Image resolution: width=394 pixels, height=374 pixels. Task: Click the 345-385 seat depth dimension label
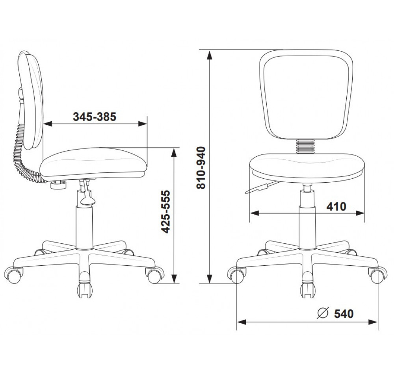pos(95,117)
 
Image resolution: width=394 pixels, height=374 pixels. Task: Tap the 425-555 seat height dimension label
pos(165,212)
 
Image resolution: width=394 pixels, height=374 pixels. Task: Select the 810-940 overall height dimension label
pos(201,168)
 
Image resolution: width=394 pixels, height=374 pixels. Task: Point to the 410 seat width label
pos(336,207)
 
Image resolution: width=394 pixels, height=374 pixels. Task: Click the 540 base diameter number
pos(344,313)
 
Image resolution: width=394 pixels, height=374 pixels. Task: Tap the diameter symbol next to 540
pos(323,313)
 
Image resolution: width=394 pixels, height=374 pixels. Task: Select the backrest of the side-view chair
pos(31,100)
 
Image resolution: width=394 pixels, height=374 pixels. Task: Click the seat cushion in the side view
pos(93,163)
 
